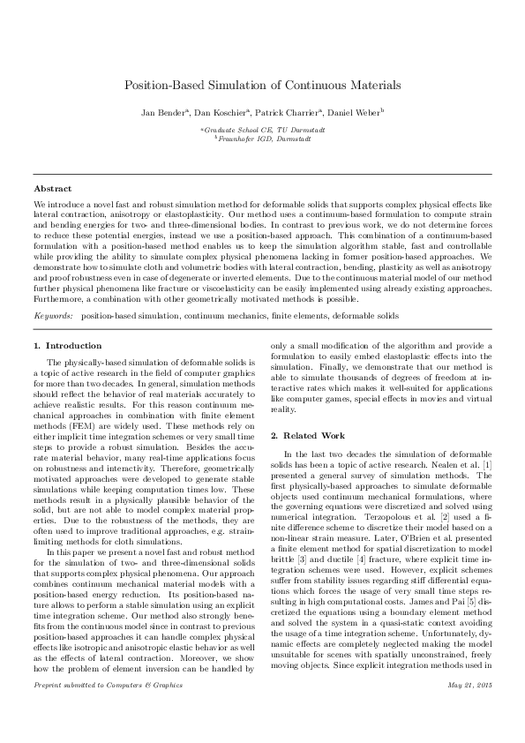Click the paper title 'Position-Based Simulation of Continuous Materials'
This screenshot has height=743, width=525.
tap(262, 86)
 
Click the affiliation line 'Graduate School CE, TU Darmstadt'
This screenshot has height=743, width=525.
tap(263, 130)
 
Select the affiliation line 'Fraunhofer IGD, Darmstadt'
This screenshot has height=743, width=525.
tap(263, 139)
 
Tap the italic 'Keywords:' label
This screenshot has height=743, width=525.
tap(54, 315)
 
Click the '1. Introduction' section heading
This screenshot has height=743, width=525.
tap(67, 345)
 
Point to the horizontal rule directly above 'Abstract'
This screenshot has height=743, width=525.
tap(262, 175)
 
